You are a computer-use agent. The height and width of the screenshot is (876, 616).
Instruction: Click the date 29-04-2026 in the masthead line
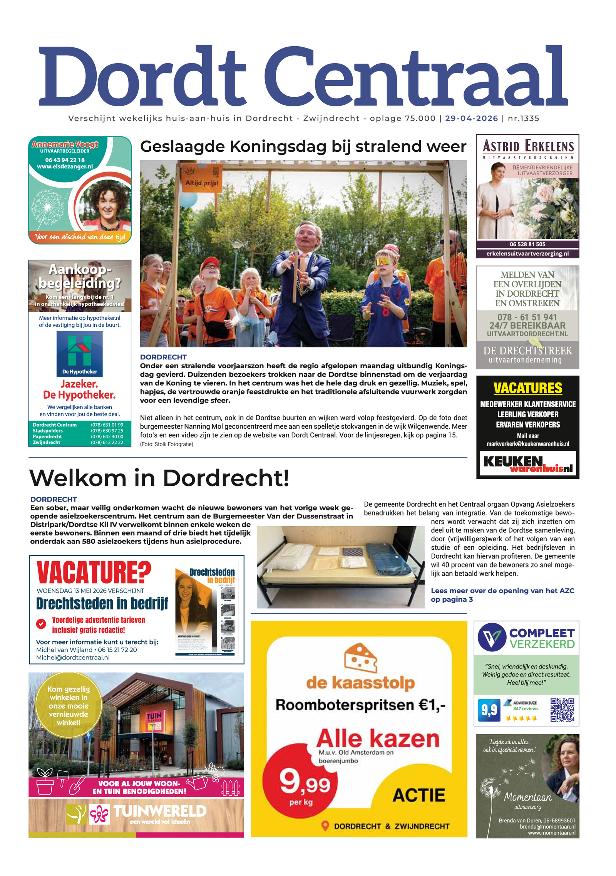point(471,119)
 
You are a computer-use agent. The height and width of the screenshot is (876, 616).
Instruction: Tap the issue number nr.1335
point(523,119)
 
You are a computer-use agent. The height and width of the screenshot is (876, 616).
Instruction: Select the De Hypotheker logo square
point(79,354)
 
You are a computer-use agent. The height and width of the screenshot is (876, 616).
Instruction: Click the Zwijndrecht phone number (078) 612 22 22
point(107,443)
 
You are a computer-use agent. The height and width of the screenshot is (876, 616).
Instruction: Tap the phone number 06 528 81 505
point(527,244)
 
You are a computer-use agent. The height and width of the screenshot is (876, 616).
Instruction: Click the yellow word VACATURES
point(527,388)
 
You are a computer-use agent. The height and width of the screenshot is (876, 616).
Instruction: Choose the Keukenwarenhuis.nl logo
point(527,464)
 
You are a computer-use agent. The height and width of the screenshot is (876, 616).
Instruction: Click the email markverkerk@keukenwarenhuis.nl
point(527,444)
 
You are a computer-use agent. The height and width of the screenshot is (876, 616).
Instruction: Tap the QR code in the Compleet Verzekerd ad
point(562,710)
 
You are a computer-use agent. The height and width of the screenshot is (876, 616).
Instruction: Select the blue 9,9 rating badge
point(489,710)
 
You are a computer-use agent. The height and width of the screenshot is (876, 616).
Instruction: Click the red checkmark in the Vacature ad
point(41,624)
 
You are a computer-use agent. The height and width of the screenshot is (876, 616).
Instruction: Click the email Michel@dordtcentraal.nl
point(73,658)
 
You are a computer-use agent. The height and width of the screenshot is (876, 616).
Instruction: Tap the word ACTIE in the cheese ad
point(418,795)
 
